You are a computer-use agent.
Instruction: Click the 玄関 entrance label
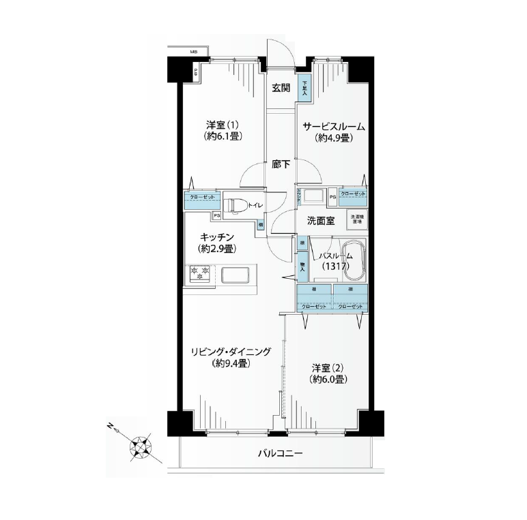[281, 88]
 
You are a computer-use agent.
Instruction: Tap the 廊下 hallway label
[280, 164]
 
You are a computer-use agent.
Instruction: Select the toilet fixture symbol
[236, 204]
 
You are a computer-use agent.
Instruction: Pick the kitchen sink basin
[238, 275]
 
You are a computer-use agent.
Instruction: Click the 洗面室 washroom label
[319, 220]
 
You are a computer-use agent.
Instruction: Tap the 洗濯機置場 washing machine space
[356, 219]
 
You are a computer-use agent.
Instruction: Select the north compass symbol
[141, 446]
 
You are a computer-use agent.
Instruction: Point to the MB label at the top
[194, 52]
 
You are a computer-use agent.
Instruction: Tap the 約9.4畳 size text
[229, 363]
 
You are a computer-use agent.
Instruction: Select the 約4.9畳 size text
[333, 138]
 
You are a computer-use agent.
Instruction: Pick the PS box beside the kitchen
[216, 216]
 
